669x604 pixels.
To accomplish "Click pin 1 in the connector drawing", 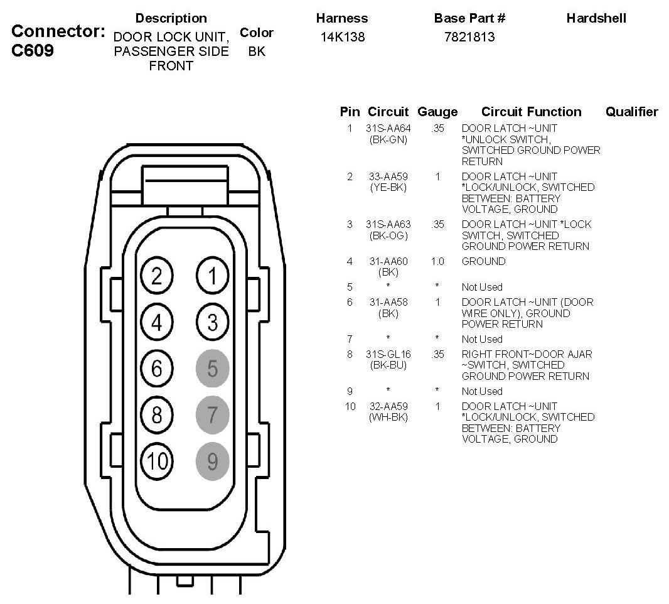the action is [x=212, y=276].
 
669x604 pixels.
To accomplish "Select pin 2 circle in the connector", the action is [x=157, y=276].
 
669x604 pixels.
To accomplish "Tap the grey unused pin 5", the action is [x=212, y=369].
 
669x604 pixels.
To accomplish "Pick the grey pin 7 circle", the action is [x=212, y=415].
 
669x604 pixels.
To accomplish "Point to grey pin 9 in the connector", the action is [x=212, y=461].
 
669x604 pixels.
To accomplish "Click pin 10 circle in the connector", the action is [x=157, y=461].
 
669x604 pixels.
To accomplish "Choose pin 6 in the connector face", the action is [x=157, y=369].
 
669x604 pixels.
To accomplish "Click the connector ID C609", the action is [x=33, y=50].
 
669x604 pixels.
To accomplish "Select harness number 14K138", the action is [x=342, y=37].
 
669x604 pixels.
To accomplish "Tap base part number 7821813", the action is [x=469, y=37].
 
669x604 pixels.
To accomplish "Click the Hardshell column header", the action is [x=596, y=18].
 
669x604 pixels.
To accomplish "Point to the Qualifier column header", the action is [x=631, y=112].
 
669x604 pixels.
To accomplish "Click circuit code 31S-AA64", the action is [x=388, y=129].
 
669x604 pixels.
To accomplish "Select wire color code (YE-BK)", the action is [x=388, y=187].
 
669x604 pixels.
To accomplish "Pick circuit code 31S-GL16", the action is [x=388, y=354].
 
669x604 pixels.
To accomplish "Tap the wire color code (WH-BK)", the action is [x=388, y=417].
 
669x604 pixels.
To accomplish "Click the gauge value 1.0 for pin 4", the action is [x=437, y=261].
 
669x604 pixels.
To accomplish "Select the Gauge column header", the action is [x=437, y=112].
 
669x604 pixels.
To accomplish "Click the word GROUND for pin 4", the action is [x=483, y=261].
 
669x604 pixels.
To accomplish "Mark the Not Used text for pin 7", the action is [x=482, y=339].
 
